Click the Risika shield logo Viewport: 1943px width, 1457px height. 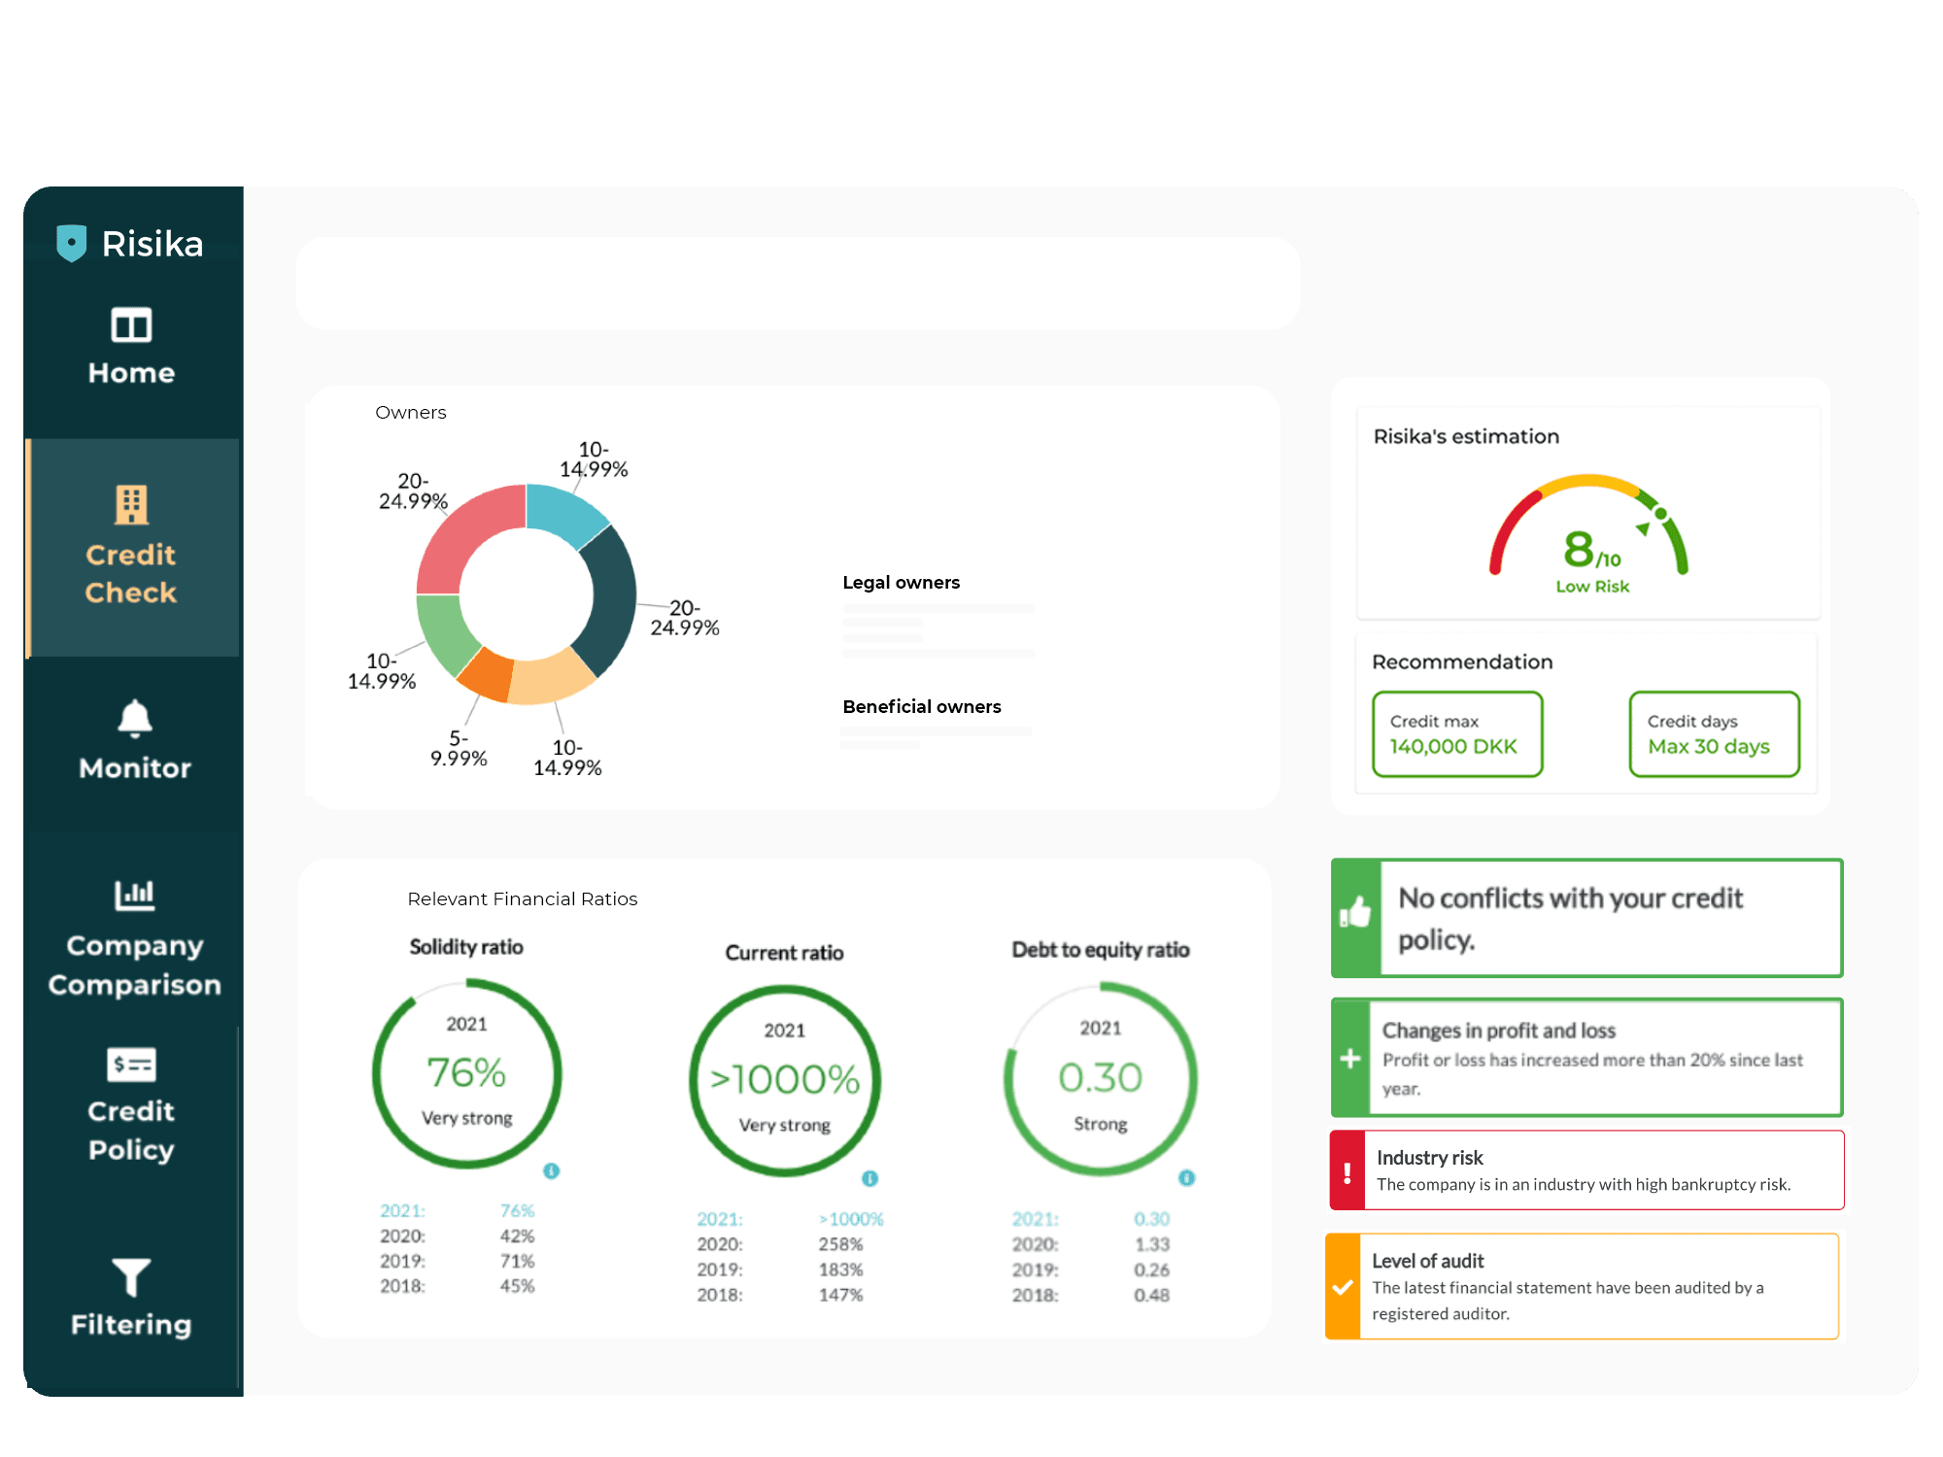(x=71, y=243)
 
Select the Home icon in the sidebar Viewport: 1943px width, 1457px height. (x=131, y=325)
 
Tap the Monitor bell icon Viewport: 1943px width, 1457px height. (x=134, y=719)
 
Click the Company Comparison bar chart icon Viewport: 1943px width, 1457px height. (x=134, y=895)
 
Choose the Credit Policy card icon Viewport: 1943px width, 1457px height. (x=131, y=1065)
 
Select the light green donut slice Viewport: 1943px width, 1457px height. (x=443, y=631)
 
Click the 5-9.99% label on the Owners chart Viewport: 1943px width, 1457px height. (x=459, y=749)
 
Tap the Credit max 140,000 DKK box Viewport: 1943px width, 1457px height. (x=1457, y=734)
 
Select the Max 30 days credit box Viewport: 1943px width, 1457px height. (x=1714, y=734)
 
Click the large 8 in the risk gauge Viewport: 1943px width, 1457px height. (x=1579, y=549)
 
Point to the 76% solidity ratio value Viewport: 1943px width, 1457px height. (x=466, y=1073)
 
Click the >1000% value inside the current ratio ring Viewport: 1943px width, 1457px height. (x=785, y=1079)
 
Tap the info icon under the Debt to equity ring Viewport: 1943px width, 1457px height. (x=1186, y=1178)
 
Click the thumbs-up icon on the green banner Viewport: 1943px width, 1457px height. (x=1355, y=913)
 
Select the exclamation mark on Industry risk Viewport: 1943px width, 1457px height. (x=1346, y=1172)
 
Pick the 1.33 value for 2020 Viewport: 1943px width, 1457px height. (x=1151, y=1244)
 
